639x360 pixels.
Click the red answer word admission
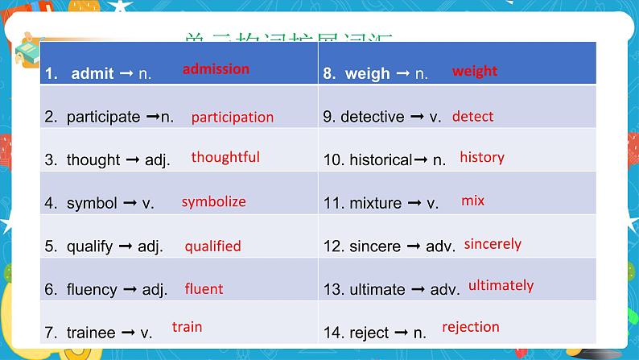click(216, 69)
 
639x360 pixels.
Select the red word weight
click(475, 71)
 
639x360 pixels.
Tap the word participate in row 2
click(103, 117)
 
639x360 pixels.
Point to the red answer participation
click(233, 117)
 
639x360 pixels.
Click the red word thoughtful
click(225, 157)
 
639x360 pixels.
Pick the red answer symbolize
click(213, 201)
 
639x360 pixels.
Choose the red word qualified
click(213, 246)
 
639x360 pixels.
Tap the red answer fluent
click(204, 288)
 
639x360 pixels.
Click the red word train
click(187, 327)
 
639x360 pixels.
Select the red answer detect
click(472, 116)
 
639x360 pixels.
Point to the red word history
click(482, 157)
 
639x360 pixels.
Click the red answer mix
click(473, 200)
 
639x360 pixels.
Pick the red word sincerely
click(493, 243)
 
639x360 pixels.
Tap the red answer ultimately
click(501, 285)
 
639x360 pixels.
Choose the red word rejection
click(471, 327)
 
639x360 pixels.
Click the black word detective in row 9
click(373, 117)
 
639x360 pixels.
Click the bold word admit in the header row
click(93, 73)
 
